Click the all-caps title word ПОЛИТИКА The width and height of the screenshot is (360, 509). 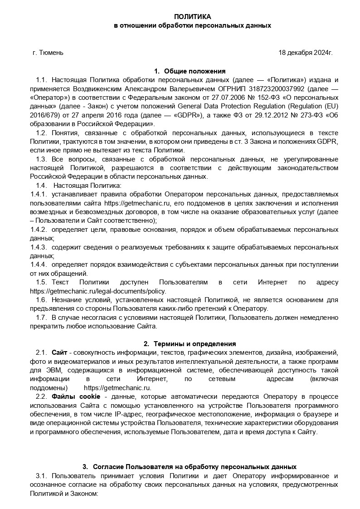tap(193, 16)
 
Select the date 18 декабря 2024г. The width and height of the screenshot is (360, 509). tap(305, 53)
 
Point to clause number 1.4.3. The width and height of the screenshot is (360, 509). tap(39, 247)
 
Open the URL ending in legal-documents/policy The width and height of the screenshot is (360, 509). tap(98, 291)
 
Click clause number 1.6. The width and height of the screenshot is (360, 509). tap(41, 300)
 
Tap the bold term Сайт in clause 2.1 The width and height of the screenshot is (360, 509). tap(59, 353)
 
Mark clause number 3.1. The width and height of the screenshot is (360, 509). tap(41, 476)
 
